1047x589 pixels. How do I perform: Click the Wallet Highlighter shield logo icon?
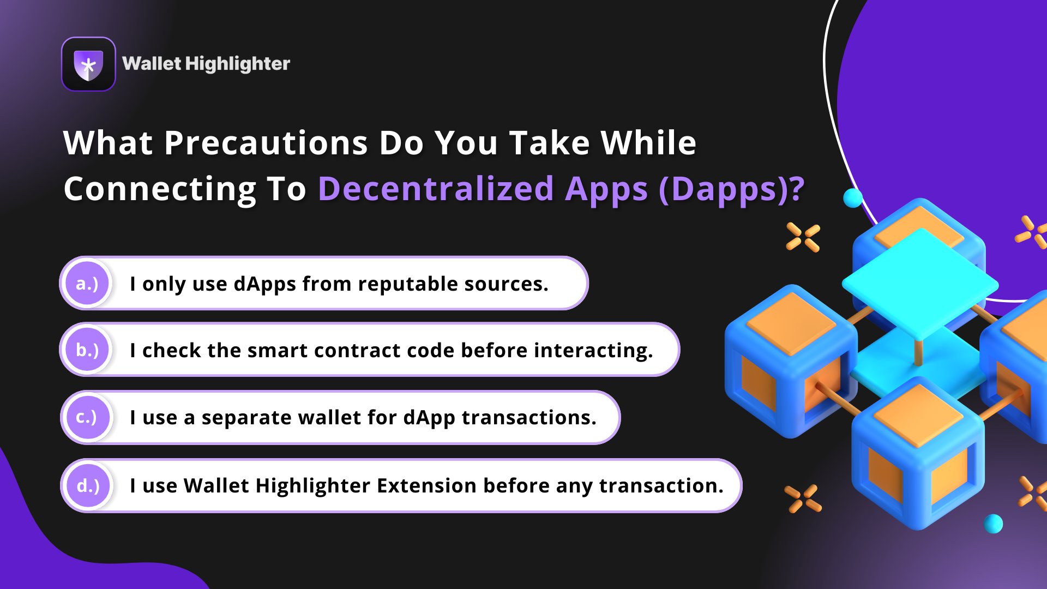[88, 64]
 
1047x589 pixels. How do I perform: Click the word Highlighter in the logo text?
[237, 64]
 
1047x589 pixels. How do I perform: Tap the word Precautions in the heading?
[266, 143]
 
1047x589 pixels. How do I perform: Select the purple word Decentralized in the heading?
[436, 189]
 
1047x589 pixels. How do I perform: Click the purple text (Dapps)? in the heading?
[731, 189]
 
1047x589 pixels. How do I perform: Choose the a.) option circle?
[87, 284]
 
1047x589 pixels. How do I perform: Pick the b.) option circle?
[87, 350]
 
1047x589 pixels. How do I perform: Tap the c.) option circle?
[87, 417]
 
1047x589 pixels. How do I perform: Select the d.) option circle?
[88, 485]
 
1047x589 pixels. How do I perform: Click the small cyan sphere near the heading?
[853, 197]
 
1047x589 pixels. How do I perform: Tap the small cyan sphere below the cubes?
[993, 524]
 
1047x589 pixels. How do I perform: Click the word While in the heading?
[648, 143]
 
